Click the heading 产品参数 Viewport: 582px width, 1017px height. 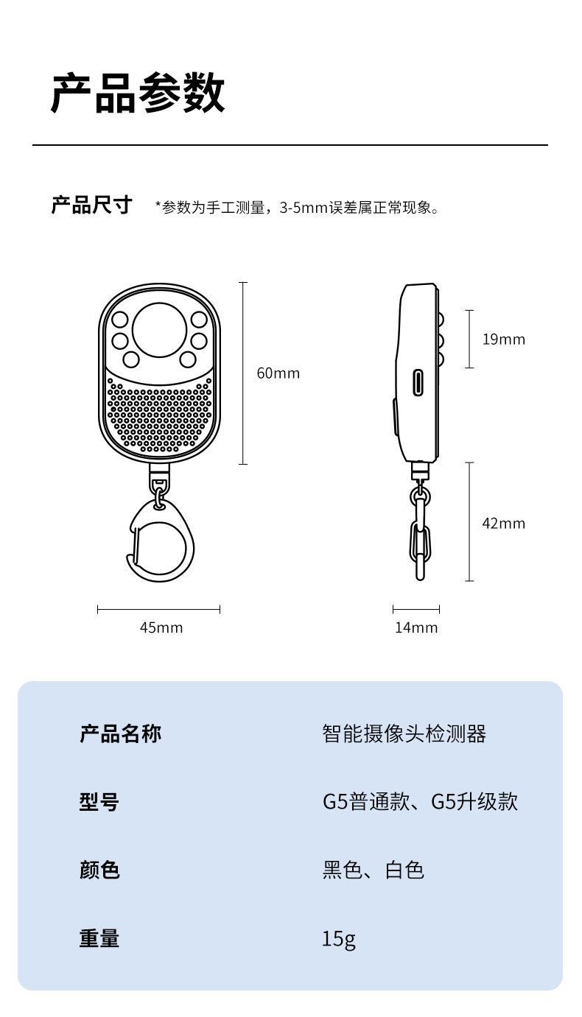click(138, 94)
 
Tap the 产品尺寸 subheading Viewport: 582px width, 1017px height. click(91, 205)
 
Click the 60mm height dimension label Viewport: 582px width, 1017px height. click(278, 373)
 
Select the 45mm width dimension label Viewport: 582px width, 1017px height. click(161, 627)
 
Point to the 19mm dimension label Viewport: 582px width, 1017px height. click(503, 339)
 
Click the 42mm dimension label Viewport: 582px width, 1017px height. click(503, 524)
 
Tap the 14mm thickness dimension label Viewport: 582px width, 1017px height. click(416, 627)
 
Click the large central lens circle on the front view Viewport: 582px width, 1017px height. click(160, 328)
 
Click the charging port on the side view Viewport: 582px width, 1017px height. click(418, 382)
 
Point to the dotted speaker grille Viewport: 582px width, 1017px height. click(159, 416)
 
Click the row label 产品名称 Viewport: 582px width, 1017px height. click(120, 733)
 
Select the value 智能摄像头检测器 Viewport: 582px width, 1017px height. click(404, 733)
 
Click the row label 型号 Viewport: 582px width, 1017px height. click(99, 801)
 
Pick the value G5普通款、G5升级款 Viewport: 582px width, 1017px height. click(420, 801)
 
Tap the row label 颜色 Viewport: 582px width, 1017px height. click(99, 870)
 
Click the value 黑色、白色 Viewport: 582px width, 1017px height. click(373, 870)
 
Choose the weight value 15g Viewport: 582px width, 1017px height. click(338, 939)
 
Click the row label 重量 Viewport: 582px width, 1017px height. click(99, 938)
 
